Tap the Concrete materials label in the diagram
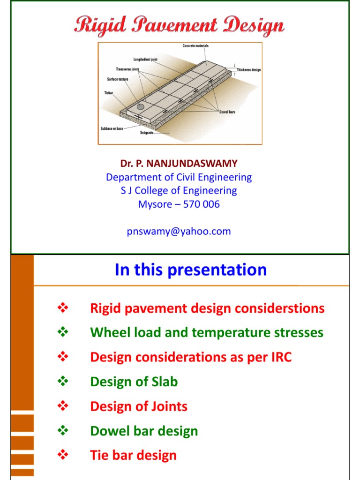(195, 45)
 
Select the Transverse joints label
(128, 69)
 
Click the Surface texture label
(117, 79)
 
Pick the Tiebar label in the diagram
(108, 93)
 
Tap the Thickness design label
(248, 70)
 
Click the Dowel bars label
(227, 112)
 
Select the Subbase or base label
(112, 128)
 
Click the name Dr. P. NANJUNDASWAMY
(179, 164)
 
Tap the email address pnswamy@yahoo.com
(179, 231)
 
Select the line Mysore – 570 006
(179, 204)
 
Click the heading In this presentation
(191, 270)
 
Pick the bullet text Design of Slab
(134, 382)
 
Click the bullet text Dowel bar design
(144, 431)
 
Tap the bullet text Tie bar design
(133, 455)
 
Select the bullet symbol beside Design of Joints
(62, 406)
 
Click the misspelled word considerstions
(285, 308)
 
